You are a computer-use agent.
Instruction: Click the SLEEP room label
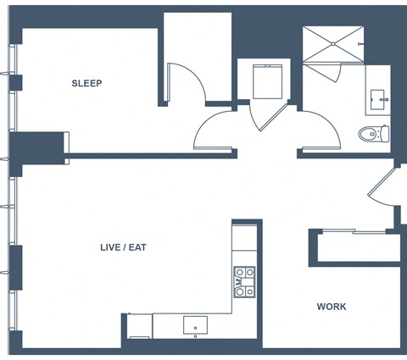(x=86, y=83)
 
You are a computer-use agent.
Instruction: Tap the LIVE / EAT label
(x=123, y=247)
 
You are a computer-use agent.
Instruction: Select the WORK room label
(x=332, y=307)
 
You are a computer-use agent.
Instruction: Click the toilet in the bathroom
(x=374, y=133)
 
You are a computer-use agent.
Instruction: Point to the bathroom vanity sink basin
(x=377, y=100)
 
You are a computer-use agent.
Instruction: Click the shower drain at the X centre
(x=333, y=44)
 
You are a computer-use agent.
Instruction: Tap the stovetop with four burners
(x=244, y=282)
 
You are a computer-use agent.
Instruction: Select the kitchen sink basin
(x=195, y=325)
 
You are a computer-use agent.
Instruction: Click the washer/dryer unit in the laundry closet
(x=268, y=81)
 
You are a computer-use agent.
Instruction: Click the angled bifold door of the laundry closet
(x=273, y=118)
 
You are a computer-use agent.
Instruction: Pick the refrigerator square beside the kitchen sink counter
(x=140, y=326)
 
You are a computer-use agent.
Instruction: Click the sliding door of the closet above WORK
(x=354, y=231)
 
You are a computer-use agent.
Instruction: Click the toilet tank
(x=385, y=134)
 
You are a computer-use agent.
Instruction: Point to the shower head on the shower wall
(x=360, y=44)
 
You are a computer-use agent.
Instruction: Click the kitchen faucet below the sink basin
(x=195, y=336)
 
